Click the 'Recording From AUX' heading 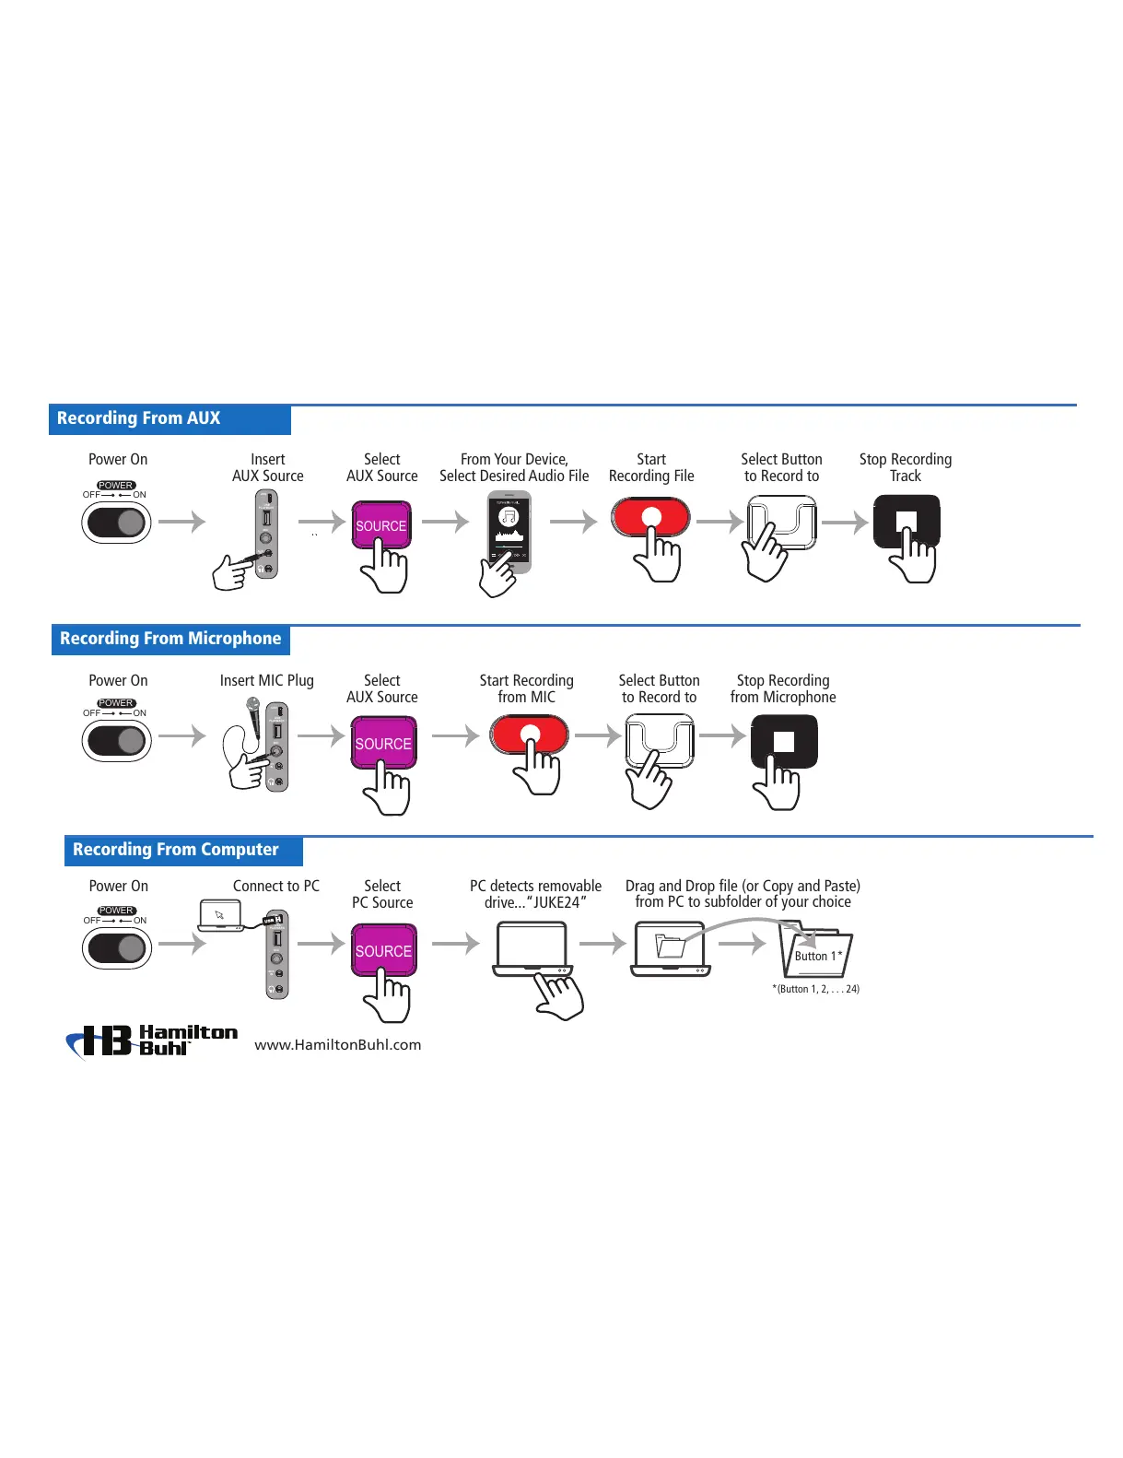point(139,418)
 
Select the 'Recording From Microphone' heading point(170,639)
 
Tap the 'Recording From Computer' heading point(176,850)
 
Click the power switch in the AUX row point(117,523)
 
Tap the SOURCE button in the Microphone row point(383,744)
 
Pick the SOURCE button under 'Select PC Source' point(383,950)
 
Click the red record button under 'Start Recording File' point(651,516)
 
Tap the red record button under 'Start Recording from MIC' point(530,735)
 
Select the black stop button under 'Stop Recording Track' point(907,521)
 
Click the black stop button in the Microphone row point(784,742)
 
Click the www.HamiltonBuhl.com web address point(338,1045)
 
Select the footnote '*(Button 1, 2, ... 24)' point(816,989)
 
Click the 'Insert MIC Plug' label point(267,681)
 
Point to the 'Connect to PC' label point(276,886)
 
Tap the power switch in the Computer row point(117,948)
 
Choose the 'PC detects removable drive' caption point(535,894)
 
